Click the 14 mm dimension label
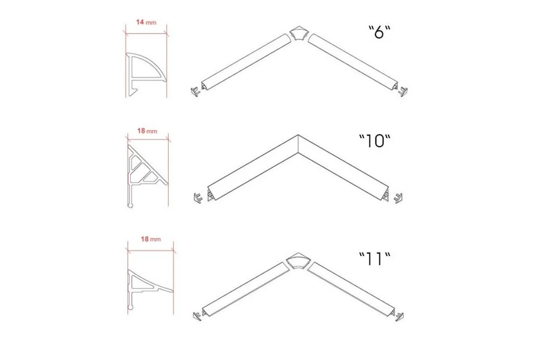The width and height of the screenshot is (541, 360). [146, 22]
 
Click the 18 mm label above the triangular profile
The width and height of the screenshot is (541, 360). [147, 131]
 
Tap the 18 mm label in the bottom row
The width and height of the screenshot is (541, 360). [150, 239]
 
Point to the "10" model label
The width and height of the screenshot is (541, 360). [375, 141]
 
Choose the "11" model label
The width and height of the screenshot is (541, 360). [375, 258]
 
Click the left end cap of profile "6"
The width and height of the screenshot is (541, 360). [195, 91]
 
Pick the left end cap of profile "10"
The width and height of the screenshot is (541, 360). [197, 198]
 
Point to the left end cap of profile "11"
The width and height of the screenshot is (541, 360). [197, 316]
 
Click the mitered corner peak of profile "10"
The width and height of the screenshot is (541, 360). [298, 135]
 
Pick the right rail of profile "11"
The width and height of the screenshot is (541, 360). [352, 289]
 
